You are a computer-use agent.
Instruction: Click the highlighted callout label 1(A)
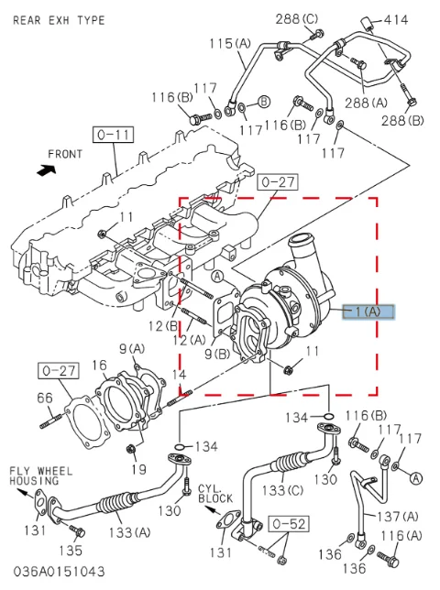point(368,311)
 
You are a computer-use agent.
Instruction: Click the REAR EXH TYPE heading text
point(59,20)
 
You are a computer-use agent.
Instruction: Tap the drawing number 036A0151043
point(59,572)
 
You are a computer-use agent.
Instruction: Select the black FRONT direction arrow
point(47,170)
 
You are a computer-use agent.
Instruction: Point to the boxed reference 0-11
point(114,135)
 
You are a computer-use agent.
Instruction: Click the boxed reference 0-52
point(289,524)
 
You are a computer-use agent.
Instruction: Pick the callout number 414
point(396,19)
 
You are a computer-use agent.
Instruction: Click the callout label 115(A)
point(230,44)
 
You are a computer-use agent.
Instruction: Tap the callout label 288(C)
point(297,19)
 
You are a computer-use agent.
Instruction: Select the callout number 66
point(45,398)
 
